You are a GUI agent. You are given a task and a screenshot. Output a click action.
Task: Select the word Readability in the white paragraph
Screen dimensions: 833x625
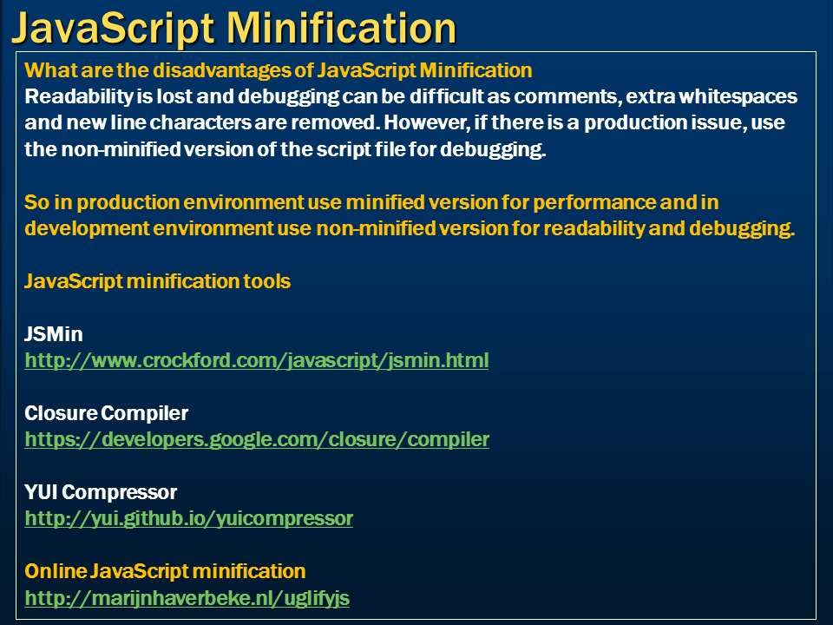79,96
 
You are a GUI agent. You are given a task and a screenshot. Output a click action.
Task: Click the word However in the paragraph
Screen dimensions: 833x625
427,122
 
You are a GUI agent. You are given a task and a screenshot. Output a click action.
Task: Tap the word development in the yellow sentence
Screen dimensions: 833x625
87,228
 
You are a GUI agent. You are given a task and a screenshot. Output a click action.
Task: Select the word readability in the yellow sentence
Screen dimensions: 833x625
594,228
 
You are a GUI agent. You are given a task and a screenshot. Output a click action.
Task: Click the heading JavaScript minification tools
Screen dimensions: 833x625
157,281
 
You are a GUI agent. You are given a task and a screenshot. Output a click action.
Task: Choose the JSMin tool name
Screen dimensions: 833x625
54,334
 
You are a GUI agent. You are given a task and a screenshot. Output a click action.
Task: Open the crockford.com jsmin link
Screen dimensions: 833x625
257,360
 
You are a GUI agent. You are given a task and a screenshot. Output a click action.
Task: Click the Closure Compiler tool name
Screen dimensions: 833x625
106,413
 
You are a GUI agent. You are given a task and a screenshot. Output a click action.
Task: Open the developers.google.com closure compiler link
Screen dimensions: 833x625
257,439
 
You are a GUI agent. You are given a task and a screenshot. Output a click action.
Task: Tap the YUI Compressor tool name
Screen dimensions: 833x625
101,493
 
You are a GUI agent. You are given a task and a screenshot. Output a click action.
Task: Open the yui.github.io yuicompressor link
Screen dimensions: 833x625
188,519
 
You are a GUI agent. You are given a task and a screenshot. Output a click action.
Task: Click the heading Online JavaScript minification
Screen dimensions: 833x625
165,571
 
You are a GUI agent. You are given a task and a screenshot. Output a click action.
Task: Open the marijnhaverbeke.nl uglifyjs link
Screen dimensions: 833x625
187,598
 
